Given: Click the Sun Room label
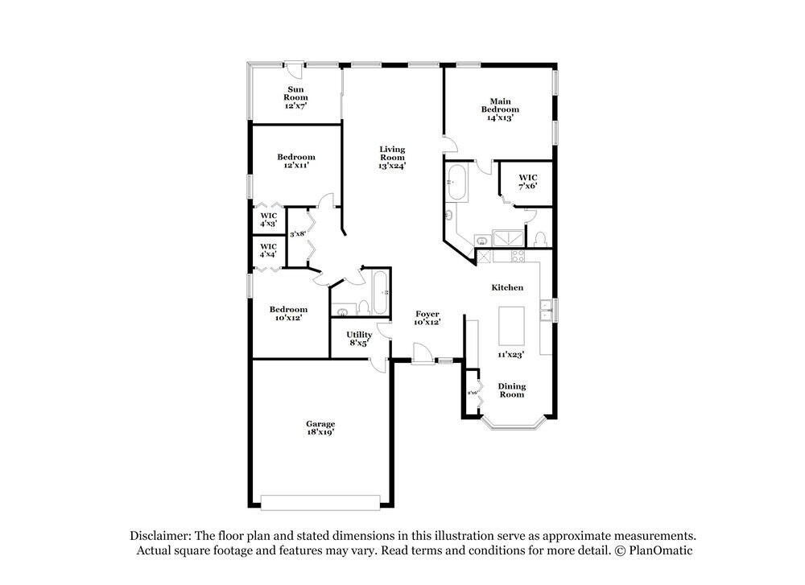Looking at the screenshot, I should pyautogui.click(x=296, y=97).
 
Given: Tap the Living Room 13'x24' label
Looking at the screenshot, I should pyautogui.click(x=392, y=157).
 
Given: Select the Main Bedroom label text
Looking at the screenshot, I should pyautogui.click(x=500, y=109).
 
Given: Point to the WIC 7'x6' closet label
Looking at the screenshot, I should pyautogui.click(x=527, y=181).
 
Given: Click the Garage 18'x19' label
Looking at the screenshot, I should pyautogui.click(x=320, y=427).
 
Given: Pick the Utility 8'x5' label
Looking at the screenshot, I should pyautogui.click(x=359, y=338).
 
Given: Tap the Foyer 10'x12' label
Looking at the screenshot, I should pyautogui.click(x=427, y=318).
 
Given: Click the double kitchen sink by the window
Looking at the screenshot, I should pyautogui.click(x=546, y=310).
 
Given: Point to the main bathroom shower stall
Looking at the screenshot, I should pyautogui.click(x=506, y=239).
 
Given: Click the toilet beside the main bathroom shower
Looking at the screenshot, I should pyautogui.click(x=540, y=238).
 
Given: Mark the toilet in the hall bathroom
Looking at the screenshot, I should pyautogui.click(x=363, y=307).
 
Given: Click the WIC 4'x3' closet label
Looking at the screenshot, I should pyautogui.click(x=268, y=220).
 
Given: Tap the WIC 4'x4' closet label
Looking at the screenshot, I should pyautogui.click(x=268, y=250).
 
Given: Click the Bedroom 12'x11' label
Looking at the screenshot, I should pyautogui.click(x=296, y=161).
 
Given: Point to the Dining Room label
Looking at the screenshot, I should pyautogui.click(x=512, y=390).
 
